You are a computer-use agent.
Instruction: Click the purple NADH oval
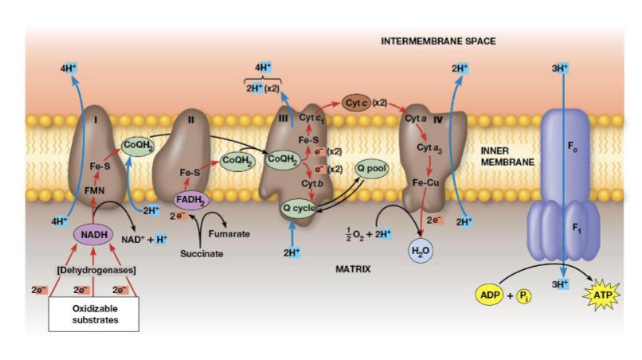(x=94, y=234)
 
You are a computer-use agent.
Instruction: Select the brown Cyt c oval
(x=356, y=103)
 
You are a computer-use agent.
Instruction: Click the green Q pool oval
(x=372, y=168)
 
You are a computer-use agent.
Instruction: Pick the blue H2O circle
(x=421, y=251)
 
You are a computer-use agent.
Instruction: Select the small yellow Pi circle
(x=523, y=295)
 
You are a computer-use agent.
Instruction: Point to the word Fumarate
(x=229, y=234)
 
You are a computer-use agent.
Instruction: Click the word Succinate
(x=201, y=254)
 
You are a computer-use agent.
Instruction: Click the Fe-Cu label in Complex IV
(x=421, y=182)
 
